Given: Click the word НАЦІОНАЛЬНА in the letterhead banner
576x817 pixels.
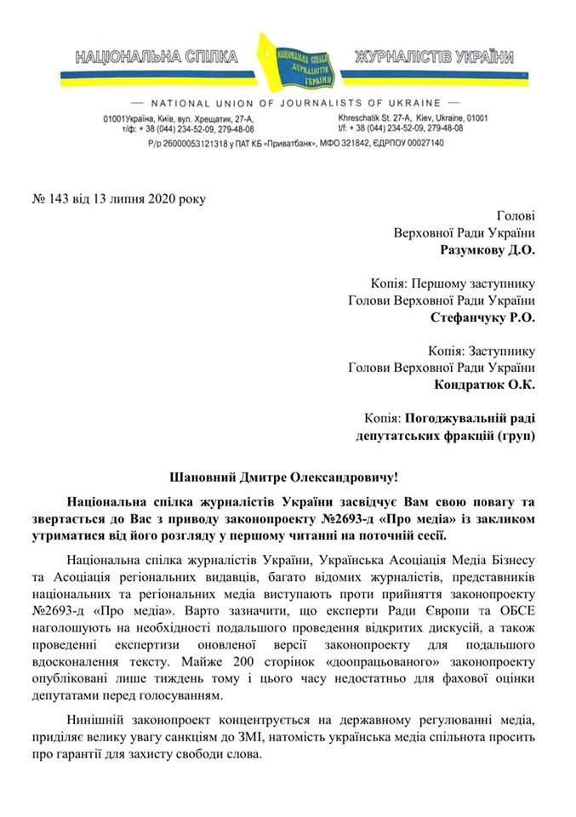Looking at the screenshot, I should [125, 58].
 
